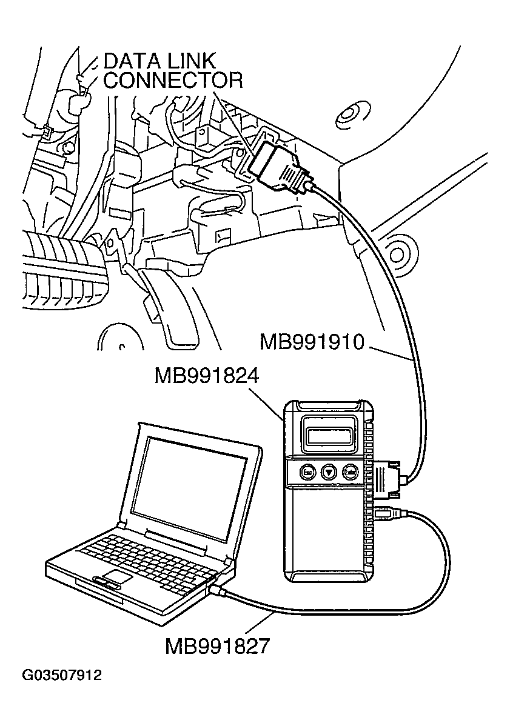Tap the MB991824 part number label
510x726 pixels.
206,377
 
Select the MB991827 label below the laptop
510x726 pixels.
216,646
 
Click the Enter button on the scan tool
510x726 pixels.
350,471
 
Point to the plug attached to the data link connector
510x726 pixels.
280,163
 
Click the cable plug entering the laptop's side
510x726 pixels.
218,590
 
